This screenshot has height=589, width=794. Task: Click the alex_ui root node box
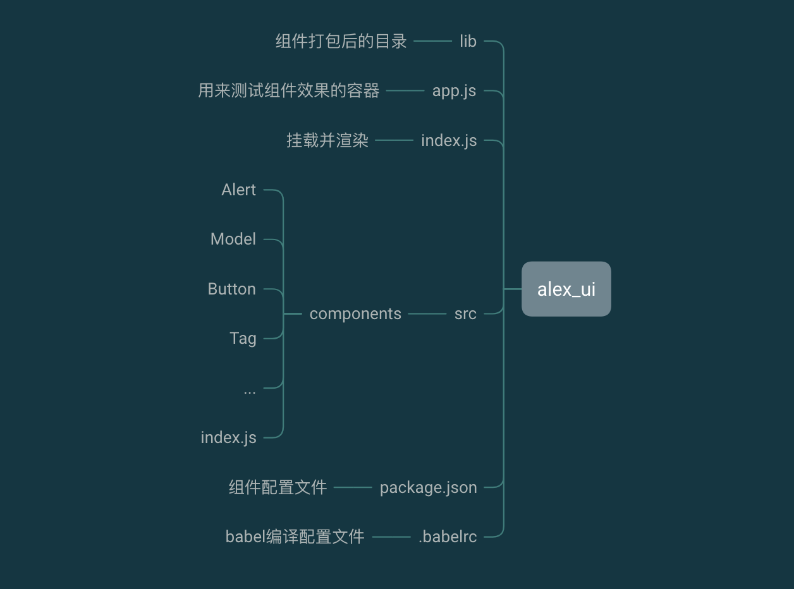pos(566,289)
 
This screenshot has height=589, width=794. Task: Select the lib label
pos(468,42)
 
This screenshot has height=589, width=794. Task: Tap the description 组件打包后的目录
pos(341,42)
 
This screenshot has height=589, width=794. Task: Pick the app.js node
pos(454,91)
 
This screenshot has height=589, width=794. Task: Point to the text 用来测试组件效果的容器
pos(289,91)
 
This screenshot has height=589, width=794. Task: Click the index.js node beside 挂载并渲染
pos(449,140)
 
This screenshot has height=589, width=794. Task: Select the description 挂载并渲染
pos(327,140)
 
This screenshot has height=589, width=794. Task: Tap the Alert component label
pos(238,190)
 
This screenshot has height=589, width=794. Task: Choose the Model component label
pos(233,239)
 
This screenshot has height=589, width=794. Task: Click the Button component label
pos(231,289)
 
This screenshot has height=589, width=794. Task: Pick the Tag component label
pos(243,338)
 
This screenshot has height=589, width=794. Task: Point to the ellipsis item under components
pos(250,390)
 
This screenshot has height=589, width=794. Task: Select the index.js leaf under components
pos(228,437)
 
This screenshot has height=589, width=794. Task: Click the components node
pos(355,313)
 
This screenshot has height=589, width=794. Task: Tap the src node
pos(465,313)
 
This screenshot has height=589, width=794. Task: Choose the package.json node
pos(428,487)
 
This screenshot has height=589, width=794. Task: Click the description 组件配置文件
pos(278,487)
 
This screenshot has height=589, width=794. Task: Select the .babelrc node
pos(448,537)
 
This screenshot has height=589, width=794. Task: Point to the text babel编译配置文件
pos(295,537)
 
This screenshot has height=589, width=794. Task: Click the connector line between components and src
pos(427,313)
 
